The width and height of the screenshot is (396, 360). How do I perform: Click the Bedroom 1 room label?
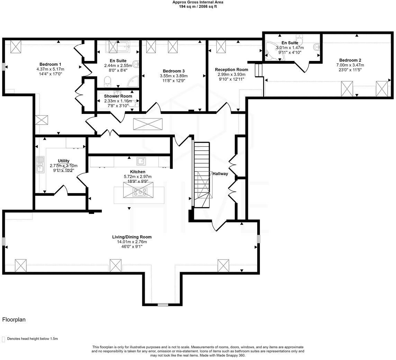tap(50, 64)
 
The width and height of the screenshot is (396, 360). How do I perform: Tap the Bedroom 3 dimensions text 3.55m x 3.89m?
tap(173, 76)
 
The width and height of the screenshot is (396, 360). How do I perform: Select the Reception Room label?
tap(231, 70)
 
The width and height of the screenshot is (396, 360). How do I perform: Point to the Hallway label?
tap(220, 174)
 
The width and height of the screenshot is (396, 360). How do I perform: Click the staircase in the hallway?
tap(202, 175)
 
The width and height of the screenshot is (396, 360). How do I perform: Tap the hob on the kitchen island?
tap(140, 192)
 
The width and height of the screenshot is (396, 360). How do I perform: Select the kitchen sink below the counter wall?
tap(141, 161)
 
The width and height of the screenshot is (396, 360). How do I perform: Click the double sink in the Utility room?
tap(40, 164)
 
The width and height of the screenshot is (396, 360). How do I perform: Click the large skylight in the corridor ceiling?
tap(147, 124)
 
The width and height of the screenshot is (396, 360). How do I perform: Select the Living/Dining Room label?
tap(132, 237)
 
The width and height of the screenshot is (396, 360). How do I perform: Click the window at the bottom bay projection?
tap(162, 305)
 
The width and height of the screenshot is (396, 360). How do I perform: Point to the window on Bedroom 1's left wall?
tap(3, 66)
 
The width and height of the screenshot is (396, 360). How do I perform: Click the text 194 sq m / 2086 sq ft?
tap(198, 6)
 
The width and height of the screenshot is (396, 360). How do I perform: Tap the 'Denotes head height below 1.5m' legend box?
tap(4, 339)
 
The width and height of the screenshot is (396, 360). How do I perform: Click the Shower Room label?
tap(118, 96)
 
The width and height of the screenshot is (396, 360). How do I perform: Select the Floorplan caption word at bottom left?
tap(14, 319)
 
